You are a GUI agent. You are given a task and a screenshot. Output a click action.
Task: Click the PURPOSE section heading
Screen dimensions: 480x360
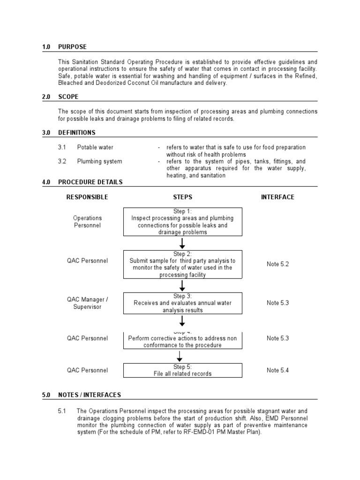pos(72,47)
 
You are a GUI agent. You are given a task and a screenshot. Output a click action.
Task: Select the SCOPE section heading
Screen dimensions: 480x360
pos(68,97)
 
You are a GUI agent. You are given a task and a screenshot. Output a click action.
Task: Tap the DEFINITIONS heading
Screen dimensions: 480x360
pos(77,133)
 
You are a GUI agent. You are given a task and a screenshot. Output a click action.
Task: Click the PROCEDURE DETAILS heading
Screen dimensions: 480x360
pos(90,182)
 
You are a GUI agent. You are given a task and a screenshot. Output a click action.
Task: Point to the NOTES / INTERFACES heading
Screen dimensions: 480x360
pos(89,395)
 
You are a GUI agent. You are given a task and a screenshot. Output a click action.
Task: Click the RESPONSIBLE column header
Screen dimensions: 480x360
pos(87,197)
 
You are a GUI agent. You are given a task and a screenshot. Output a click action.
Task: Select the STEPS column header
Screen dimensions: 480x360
pos(183,197)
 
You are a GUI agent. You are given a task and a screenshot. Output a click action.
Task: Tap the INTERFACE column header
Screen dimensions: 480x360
pos(277,197)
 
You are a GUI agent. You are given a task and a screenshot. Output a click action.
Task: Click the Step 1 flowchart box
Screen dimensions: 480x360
pos(183,222)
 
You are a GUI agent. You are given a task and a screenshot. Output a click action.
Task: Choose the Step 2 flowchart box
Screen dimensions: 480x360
pos(183,264)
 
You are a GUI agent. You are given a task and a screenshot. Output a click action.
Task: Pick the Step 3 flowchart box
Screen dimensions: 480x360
pos(183,303)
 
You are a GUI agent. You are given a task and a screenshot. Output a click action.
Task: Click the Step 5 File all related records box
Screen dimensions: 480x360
pos(183,370)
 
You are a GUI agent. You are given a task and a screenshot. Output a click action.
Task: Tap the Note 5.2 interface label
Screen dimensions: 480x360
pos(277,264)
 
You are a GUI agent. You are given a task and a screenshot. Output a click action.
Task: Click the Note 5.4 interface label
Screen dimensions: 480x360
pos(277,370)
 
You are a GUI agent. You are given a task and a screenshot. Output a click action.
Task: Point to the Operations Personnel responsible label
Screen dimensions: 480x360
pos(87,222)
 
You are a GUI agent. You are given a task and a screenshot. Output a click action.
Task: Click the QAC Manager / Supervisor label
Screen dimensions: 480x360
pos(87,303)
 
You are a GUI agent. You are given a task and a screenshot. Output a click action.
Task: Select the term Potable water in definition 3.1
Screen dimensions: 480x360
pos(95,147)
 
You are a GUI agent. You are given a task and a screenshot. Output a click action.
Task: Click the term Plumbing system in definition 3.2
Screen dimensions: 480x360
pos(99,161)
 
